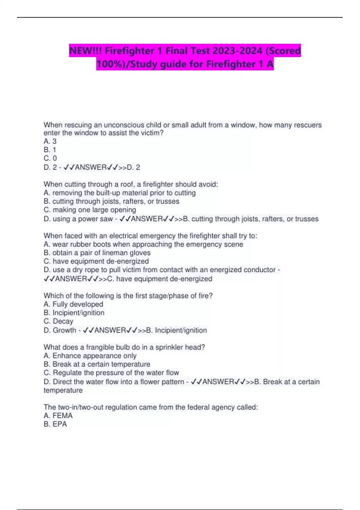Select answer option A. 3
coord(50,141)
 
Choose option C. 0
coord(50,158)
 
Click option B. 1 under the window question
coord(50,150)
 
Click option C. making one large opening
coord(90,210)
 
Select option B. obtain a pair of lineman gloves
coord(97,253)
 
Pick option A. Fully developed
coord(73,304)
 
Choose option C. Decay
coord(58,321)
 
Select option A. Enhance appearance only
coord(90,355)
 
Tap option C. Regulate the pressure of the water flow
coord(111,373)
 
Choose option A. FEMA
coord(58,415)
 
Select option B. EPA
coord(55,424)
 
